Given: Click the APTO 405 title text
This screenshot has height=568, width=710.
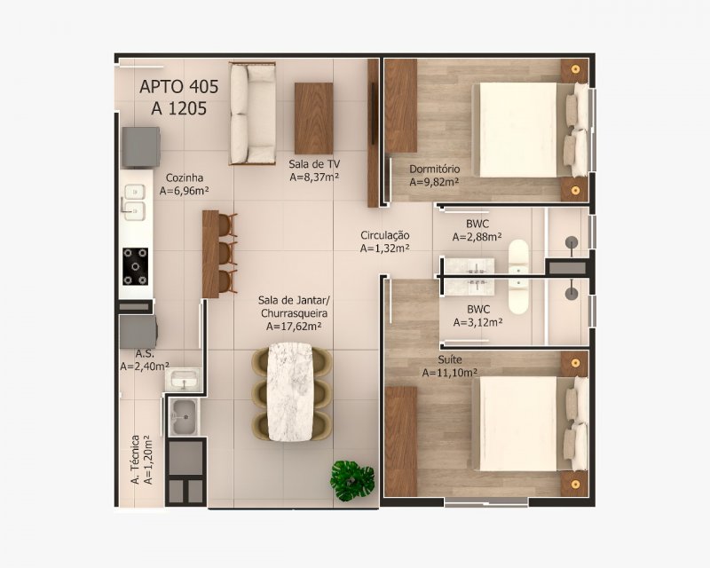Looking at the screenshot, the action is tap(179, 86).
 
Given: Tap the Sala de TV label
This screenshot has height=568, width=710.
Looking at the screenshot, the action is tap(314, 164).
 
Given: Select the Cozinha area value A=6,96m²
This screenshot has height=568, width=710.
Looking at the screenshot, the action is tap(184, 191).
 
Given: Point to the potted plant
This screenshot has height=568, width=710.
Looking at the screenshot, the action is tap(352, 480).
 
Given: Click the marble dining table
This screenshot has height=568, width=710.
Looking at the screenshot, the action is tap(290, 391).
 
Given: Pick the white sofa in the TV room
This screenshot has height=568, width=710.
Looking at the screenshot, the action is tap(253, 114).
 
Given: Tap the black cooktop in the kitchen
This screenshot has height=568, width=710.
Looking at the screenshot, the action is tap(136, 266).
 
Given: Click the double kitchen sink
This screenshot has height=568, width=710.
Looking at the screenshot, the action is tap(135, 202).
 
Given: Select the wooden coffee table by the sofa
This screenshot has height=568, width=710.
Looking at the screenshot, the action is tap(314, 118).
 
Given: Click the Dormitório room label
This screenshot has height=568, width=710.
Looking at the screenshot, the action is tap(434, 169).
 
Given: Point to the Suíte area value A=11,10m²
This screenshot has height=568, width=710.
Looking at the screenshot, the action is tap(450, 373).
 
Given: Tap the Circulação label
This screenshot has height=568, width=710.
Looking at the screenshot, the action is tap(385, 235).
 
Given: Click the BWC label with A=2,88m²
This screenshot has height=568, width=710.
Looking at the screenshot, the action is tap(477, 224).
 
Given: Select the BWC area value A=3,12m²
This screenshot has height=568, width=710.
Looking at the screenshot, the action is tap(477, 322).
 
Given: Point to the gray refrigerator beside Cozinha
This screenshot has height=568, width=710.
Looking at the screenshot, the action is tap(141, 147).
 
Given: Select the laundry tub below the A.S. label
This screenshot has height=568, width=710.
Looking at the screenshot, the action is tap(184, 417).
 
